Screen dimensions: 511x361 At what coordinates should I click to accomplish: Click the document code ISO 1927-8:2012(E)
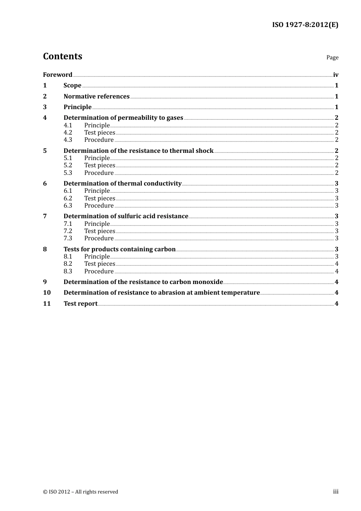305,25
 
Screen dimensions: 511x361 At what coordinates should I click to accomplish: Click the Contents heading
63,56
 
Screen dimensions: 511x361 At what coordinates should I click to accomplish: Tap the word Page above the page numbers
332,57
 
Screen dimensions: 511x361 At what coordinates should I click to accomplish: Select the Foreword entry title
57,75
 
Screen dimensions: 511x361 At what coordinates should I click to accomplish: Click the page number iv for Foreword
336,75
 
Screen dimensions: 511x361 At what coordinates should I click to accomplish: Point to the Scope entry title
72,86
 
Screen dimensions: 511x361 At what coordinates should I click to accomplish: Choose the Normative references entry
97,96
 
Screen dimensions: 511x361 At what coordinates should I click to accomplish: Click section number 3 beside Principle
45,107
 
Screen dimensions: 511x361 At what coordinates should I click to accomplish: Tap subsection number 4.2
68,133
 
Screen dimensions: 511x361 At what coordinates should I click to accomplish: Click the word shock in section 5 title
204,151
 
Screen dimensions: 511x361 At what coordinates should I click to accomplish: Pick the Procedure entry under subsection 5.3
99,173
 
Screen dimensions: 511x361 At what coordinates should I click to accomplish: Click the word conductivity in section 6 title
162,183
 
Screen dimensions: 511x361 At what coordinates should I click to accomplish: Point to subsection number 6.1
68,191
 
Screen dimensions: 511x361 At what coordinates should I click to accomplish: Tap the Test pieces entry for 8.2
100,264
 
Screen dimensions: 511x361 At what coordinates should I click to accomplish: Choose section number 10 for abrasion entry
47,293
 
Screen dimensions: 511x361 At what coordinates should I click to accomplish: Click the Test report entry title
81,304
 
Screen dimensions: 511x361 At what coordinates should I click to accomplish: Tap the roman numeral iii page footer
336,492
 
